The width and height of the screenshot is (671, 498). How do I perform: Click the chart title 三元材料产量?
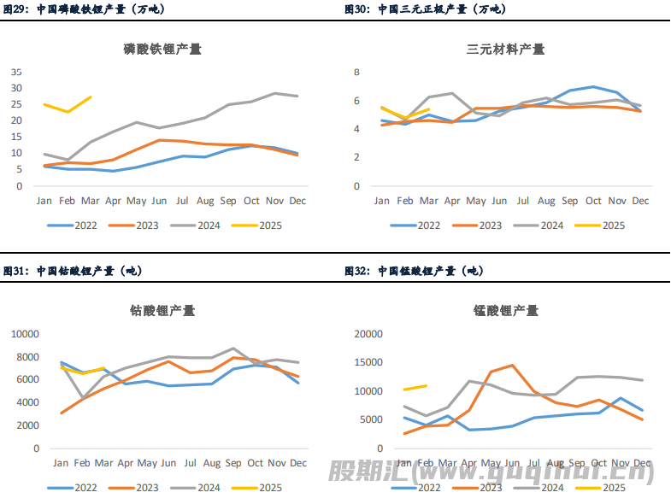pos(505,50)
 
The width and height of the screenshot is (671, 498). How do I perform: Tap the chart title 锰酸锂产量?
pos(505,311)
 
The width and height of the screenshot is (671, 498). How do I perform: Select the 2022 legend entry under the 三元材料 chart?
pos(417,226)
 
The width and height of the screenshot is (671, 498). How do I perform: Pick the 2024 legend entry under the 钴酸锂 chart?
pos(197,487)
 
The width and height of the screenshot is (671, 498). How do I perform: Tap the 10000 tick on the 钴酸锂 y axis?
pos(24,334)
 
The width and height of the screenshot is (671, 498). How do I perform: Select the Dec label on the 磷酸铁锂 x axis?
pos(297,201)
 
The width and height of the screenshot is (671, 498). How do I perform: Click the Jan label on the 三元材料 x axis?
pos(381,202)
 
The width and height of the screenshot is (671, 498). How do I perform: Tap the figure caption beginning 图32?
pos(413,271)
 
